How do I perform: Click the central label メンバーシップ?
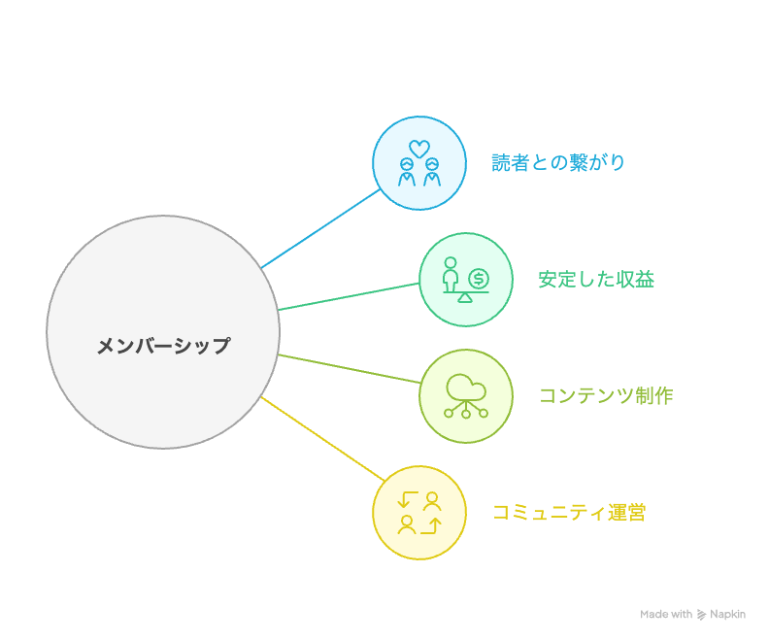tap(163, 346)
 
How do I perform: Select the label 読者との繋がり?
tap(558, 163)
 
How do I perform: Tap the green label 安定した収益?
tap(596, 280)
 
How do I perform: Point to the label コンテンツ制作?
tap(605, 396)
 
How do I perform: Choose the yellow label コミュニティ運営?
tap(569, 513)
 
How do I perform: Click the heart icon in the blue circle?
tap(419, 149)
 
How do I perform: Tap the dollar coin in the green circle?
tap(479, 280)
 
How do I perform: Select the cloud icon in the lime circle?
tap(466, 387)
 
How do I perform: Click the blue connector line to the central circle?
tap(320, 229)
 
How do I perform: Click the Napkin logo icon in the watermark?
tap(701, 615)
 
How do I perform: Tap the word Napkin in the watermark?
tap(727, 615)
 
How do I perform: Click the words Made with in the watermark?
tap(666, 615)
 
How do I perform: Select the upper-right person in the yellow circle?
tap(432, 501)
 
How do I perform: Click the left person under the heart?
tap(407, 173)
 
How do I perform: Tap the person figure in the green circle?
tap(451, 275)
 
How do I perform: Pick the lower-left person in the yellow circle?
tap(407, 524)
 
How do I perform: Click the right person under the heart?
tap(432, 173)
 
